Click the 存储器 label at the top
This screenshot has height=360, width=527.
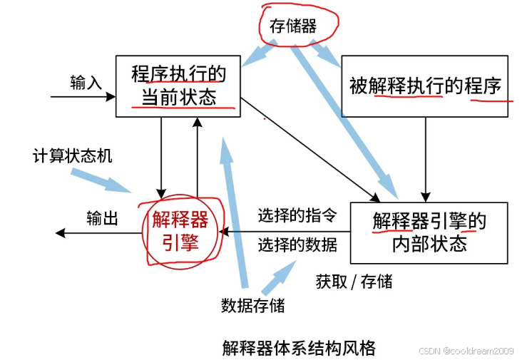292,26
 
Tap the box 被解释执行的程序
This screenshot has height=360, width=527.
425,86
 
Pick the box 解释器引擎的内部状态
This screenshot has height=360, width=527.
429,232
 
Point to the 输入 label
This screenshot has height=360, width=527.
86,83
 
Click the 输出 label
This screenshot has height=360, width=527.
102,217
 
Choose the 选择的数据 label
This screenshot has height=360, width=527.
297,244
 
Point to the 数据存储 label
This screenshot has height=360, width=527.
252,305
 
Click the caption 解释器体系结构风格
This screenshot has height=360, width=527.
298,348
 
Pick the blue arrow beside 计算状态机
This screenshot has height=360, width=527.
107,180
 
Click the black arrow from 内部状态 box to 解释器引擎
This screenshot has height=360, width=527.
285,231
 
